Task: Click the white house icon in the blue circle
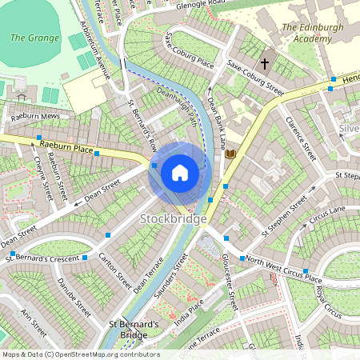[180, 173]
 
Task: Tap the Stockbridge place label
[174, 218]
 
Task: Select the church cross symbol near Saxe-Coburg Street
[265, 63]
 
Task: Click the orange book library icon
[231, 153]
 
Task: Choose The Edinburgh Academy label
[313, 33]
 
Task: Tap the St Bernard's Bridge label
[134, 330]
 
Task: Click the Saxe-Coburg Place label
[189, 52]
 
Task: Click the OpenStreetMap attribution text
[80, 354]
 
